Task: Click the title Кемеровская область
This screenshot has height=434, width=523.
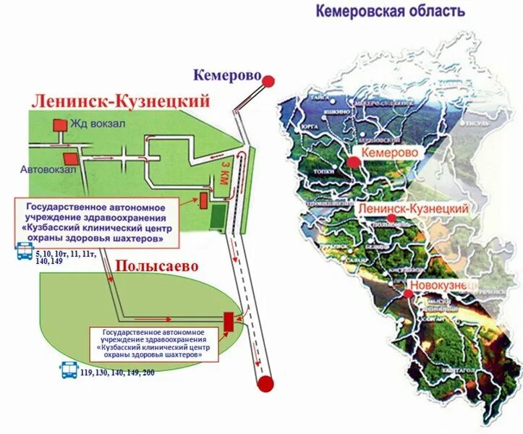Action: click(390, 11)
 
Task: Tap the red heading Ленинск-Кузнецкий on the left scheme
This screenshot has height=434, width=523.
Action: click(119, 101)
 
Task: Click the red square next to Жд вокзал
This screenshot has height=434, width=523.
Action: click(59, 124)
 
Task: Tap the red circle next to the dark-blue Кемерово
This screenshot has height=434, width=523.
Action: click(268, 81)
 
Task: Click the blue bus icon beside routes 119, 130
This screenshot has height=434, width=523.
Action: click(69, 370)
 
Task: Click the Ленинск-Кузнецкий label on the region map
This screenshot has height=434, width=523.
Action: click(413, 208)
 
